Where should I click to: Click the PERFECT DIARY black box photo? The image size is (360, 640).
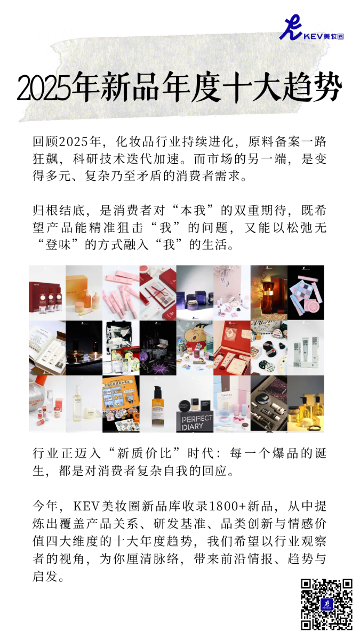pos(195,404)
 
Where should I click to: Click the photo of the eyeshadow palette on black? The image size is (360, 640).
pos(306,293)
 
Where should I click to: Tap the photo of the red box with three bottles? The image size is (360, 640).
pos(47,293)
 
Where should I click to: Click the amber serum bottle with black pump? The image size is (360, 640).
pos(158,404)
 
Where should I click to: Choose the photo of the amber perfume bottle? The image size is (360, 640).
pos(269,293)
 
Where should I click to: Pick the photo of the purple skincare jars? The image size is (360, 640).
pos(195,293)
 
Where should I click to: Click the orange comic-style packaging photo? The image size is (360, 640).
pos(121,404)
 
